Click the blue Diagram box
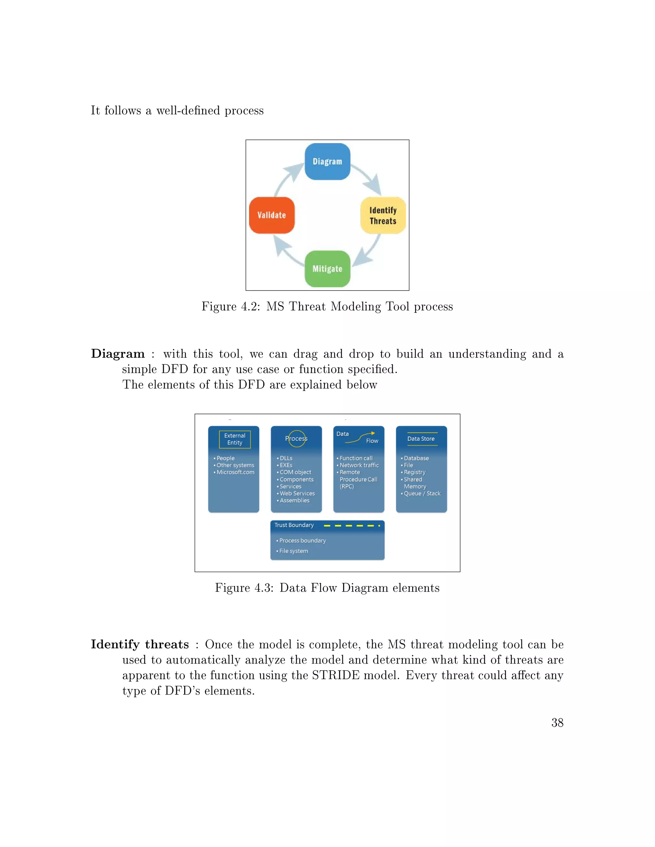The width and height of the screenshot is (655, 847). (x=327, y=161)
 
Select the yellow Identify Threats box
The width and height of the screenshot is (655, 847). (x=383, y=215)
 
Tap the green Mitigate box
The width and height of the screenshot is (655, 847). (x=327, y=269)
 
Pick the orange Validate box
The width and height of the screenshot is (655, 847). (x=272, y=215)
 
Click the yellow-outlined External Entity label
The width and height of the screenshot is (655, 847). (x=235, y=439)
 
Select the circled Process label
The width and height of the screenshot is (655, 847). (x=296, y=439)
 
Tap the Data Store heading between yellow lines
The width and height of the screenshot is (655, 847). (x=421, y=439)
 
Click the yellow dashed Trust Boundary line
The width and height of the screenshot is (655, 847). (x=351, y=525)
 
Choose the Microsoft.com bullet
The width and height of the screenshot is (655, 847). (x=235, y=472)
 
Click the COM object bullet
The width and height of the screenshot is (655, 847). (x=295, y=472)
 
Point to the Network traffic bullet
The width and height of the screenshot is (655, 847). (x=359, y=465)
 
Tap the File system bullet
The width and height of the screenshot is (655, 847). (x=293, y=551)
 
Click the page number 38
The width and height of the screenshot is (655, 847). (x=557, y=723)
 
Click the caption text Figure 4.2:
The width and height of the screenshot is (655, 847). (x=231, y=307)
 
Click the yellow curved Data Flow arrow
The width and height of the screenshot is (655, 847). (x=360, y=437)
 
